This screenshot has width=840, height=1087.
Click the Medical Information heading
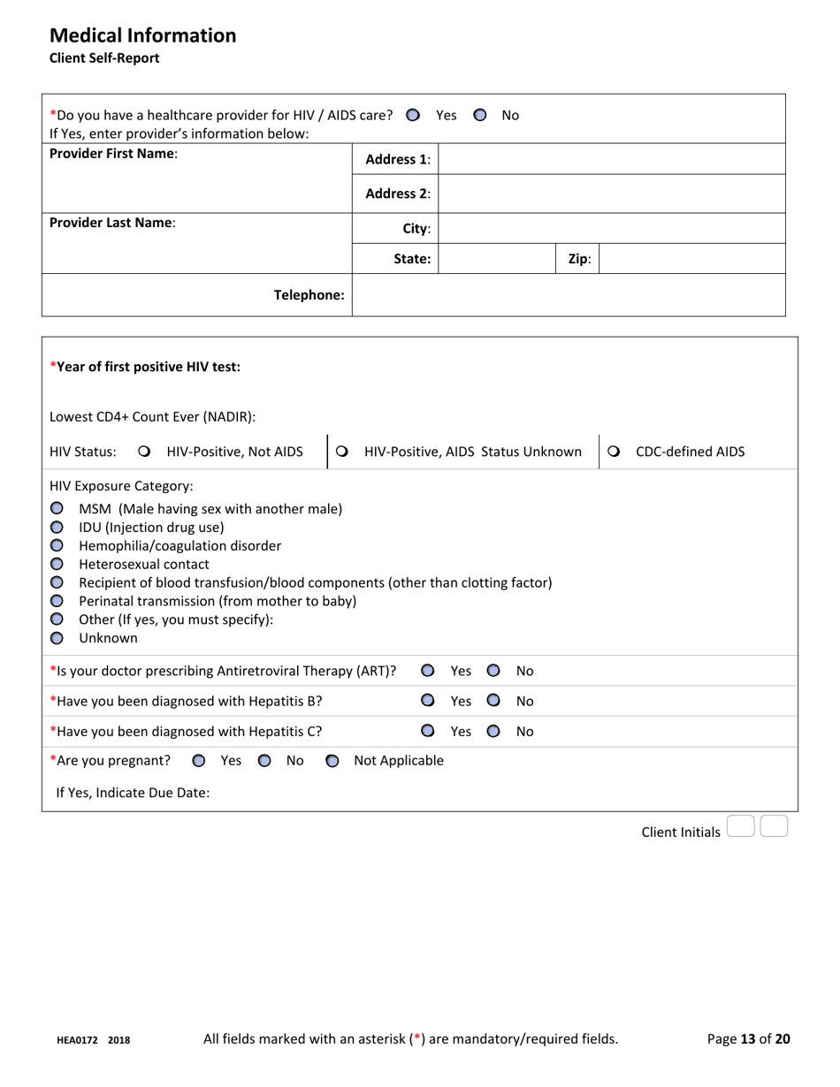coord(142,35)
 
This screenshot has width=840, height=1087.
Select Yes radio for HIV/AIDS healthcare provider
coord(413,115)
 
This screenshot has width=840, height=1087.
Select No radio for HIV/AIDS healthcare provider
coord(479,115)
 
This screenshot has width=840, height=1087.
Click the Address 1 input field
coord(611,159)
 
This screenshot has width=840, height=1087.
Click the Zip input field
coord(691,259)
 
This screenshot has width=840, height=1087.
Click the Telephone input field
coord(568,295)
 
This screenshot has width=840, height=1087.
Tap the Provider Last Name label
coord(112,223)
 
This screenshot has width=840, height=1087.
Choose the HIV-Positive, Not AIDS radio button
coord(145,452)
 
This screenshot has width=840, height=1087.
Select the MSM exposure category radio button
coord(57,508)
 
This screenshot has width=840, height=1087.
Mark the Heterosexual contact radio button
coord(57,564)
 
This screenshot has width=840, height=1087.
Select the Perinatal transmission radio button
coord(57,601)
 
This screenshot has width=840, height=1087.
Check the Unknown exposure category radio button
coord(57,638)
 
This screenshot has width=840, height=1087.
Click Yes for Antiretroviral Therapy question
coord(428,671)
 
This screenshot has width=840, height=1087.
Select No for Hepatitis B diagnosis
coord(493,701)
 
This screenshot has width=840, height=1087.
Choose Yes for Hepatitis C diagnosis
coord(428,731)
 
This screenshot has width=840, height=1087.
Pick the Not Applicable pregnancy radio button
coord(332,761)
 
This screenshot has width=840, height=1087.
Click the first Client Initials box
coord(740,827)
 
